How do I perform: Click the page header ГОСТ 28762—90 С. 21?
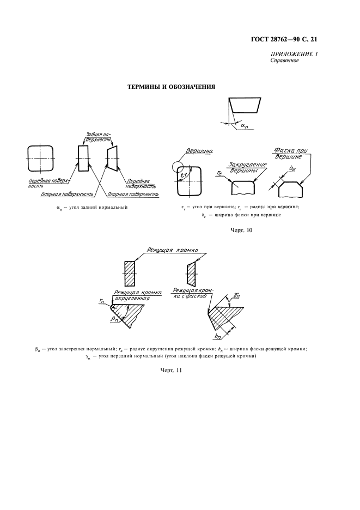(284, 39)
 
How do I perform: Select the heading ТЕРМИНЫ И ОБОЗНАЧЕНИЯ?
(170, 87)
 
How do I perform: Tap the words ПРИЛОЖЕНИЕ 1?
(294, 54)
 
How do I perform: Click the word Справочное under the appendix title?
(284, 60)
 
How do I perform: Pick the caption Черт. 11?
(170, 370)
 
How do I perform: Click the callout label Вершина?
(199, 151)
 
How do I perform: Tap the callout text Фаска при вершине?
(291, 153)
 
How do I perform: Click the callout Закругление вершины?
(248, 167)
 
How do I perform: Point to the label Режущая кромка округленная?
(137, 295)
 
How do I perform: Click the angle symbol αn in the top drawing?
(244, 125)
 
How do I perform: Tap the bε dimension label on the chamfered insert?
(292, 169)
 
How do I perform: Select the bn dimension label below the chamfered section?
(218, 336)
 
